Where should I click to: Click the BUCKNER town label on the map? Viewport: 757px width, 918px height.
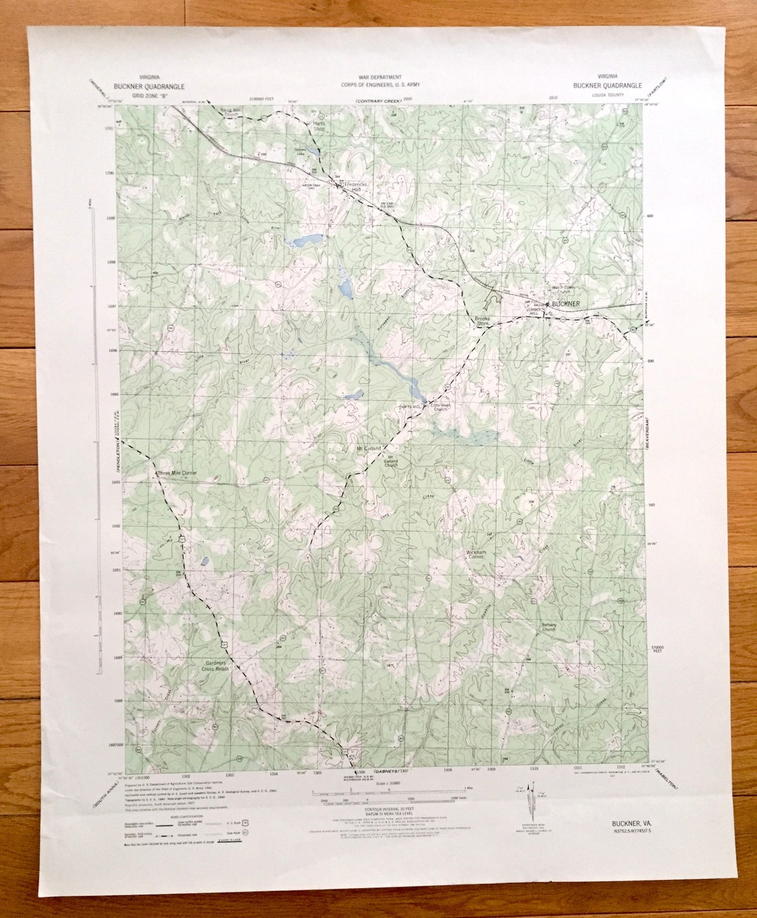point(565,304)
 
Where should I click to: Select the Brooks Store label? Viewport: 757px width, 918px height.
point(481,321)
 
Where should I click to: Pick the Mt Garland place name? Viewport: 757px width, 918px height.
point(369,449)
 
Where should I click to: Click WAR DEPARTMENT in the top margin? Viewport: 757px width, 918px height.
point(379,77)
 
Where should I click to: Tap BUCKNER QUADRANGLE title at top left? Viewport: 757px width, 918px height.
point(149,86)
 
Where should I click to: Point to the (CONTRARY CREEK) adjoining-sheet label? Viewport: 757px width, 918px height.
point(378,100)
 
